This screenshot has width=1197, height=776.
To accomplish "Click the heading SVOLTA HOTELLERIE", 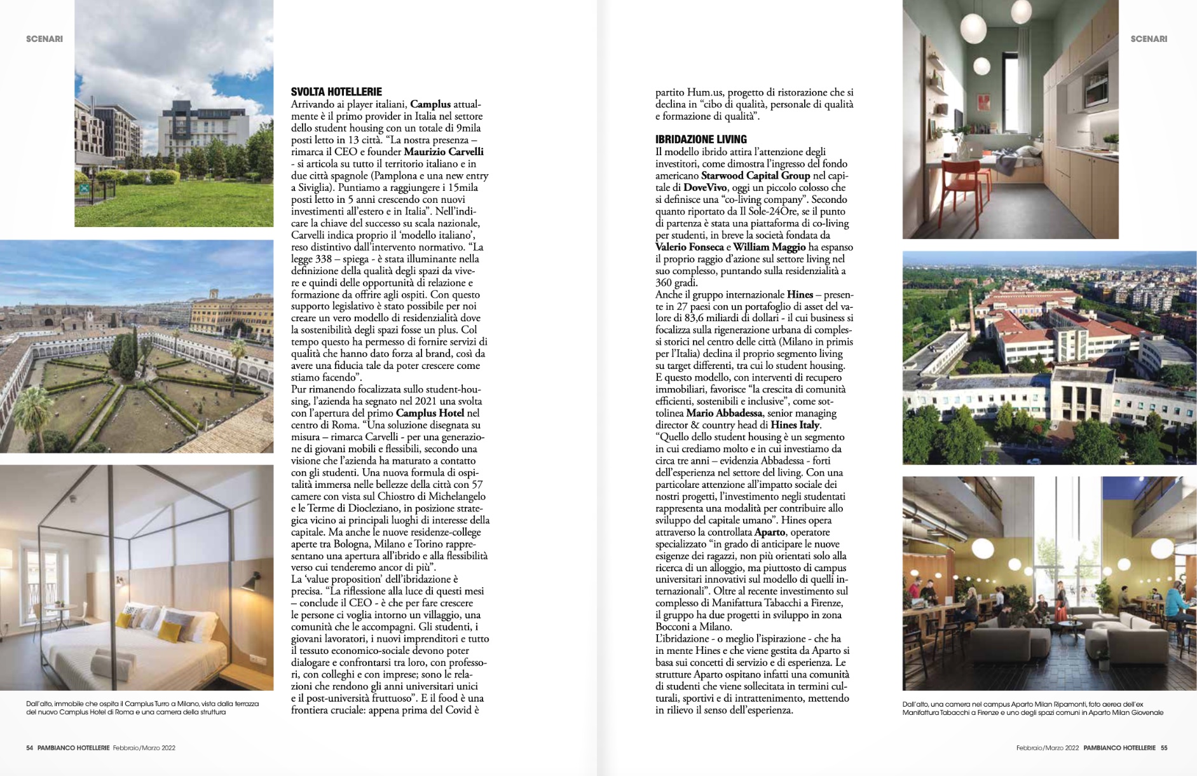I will [336, 92].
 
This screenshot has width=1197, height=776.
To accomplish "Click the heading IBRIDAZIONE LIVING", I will [701, 139].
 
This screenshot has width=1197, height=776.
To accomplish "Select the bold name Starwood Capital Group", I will [756, 176].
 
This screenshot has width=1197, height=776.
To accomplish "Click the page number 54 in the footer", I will [30, 748].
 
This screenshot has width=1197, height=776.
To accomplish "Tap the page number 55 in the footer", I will [1164, 748].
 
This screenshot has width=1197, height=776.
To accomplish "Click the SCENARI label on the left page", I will [44, 39].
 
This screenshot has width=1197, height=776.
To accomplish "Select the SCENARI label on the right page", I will [1149, 39].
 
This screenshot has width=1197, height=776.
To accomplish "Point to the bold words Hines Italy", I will [795, 425].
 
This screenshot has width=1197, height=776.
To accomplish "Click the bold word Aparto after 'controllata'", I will [770, 532].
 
